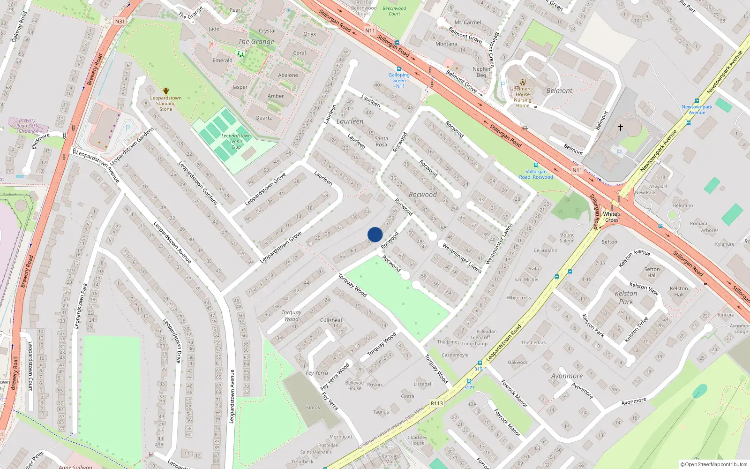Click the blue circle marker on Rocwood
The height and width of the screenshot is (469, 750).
click(375, 234)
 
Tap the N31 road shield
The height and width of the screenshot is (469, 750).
click(120, 22)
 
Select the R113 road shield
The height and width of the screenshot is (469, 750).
click(436, 403)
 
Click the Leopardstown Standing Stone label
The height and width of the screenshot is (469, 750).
click(165, 104)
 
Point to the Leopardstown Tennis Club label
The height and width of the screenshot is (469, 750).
click(236, 141)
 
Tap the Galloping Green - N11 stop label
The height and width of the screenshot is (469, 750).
click(399, 80)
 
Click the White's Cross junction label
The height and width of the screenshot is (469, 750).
click(612, 217)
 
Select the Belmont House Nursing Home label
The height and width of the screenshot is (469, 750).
click(523, 97)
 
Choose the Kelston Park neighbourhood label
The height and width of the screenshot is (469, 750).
click(626, 297)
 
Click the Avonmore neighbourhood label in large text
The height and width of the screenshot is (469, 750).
click(567, 376)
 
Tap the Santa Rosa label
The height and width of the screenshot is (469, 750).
click(381, 141)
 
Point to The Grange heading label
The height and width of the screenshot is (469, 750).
click(256, 42)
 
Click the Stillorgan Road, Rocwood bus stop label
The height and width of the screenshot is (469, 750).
click(536, 174)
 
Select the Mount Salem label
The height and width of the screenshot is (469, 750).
click(566, 238)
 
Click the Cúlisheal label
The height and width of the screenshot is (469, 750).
click(331, 320)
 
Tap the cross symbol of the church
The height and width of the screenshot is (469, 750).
click(621, 128)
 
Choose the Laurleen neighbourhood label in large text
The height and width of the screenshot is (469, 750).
click(350, 121)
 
